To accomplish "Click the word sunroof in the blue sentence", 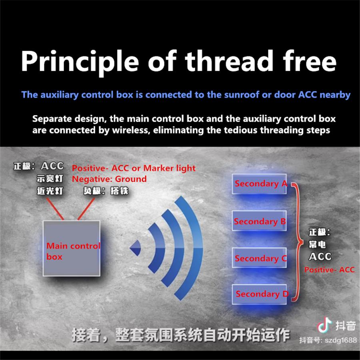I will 240,95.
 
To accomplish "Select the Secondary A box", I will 260,184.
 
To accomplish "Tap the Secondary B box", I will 260,221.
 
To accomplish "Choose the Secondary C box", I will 260,259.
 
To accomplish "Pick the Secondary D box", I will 260,294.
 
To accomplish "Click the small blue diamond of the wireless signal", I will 136,248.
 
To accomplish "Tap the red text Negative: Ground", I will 109,179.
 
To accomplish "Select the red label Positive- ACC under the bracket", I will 329,270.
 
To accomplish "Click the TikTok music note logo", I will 324,325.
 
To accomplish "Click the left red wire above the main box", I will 56,209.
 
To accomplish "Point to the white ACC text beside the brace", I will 320,257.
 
